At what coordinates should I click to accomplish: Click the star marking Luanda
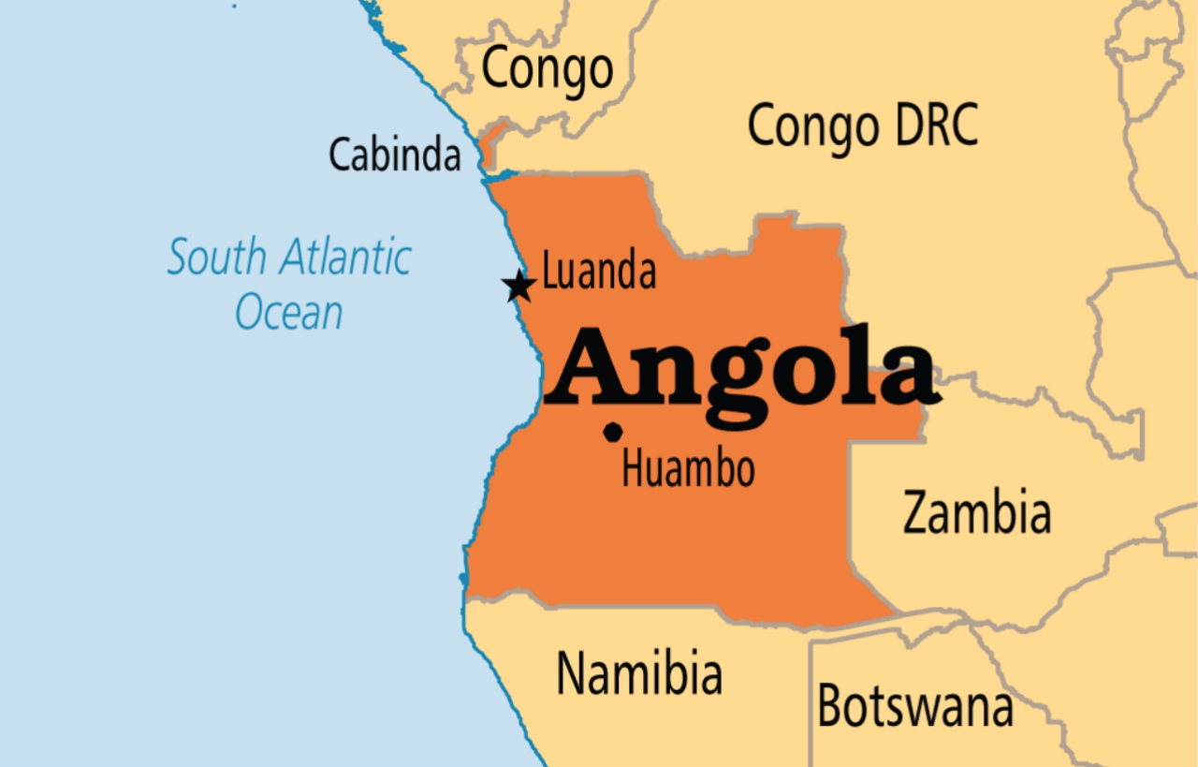(519, 286)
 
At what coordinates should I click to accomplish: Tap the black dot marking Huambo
(613, 432)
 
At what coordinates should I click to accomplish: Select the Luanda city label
(599, 272)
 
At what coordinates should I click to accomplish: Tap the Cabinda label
(395, 155)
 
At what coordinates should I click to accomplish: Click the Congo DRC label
(862, 126)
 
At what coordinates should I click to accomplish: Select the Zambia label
(976, 513)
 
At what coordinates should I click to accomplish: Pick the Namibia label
(639, 672)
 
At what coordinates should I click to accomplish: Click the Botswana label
(914, 705)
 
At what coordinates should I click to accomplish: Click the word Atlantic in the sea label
(348, 257)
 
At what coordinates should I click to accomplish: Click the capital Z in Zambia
(919, 513)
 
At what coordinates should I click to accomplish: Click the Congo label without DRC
(548, 69)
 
